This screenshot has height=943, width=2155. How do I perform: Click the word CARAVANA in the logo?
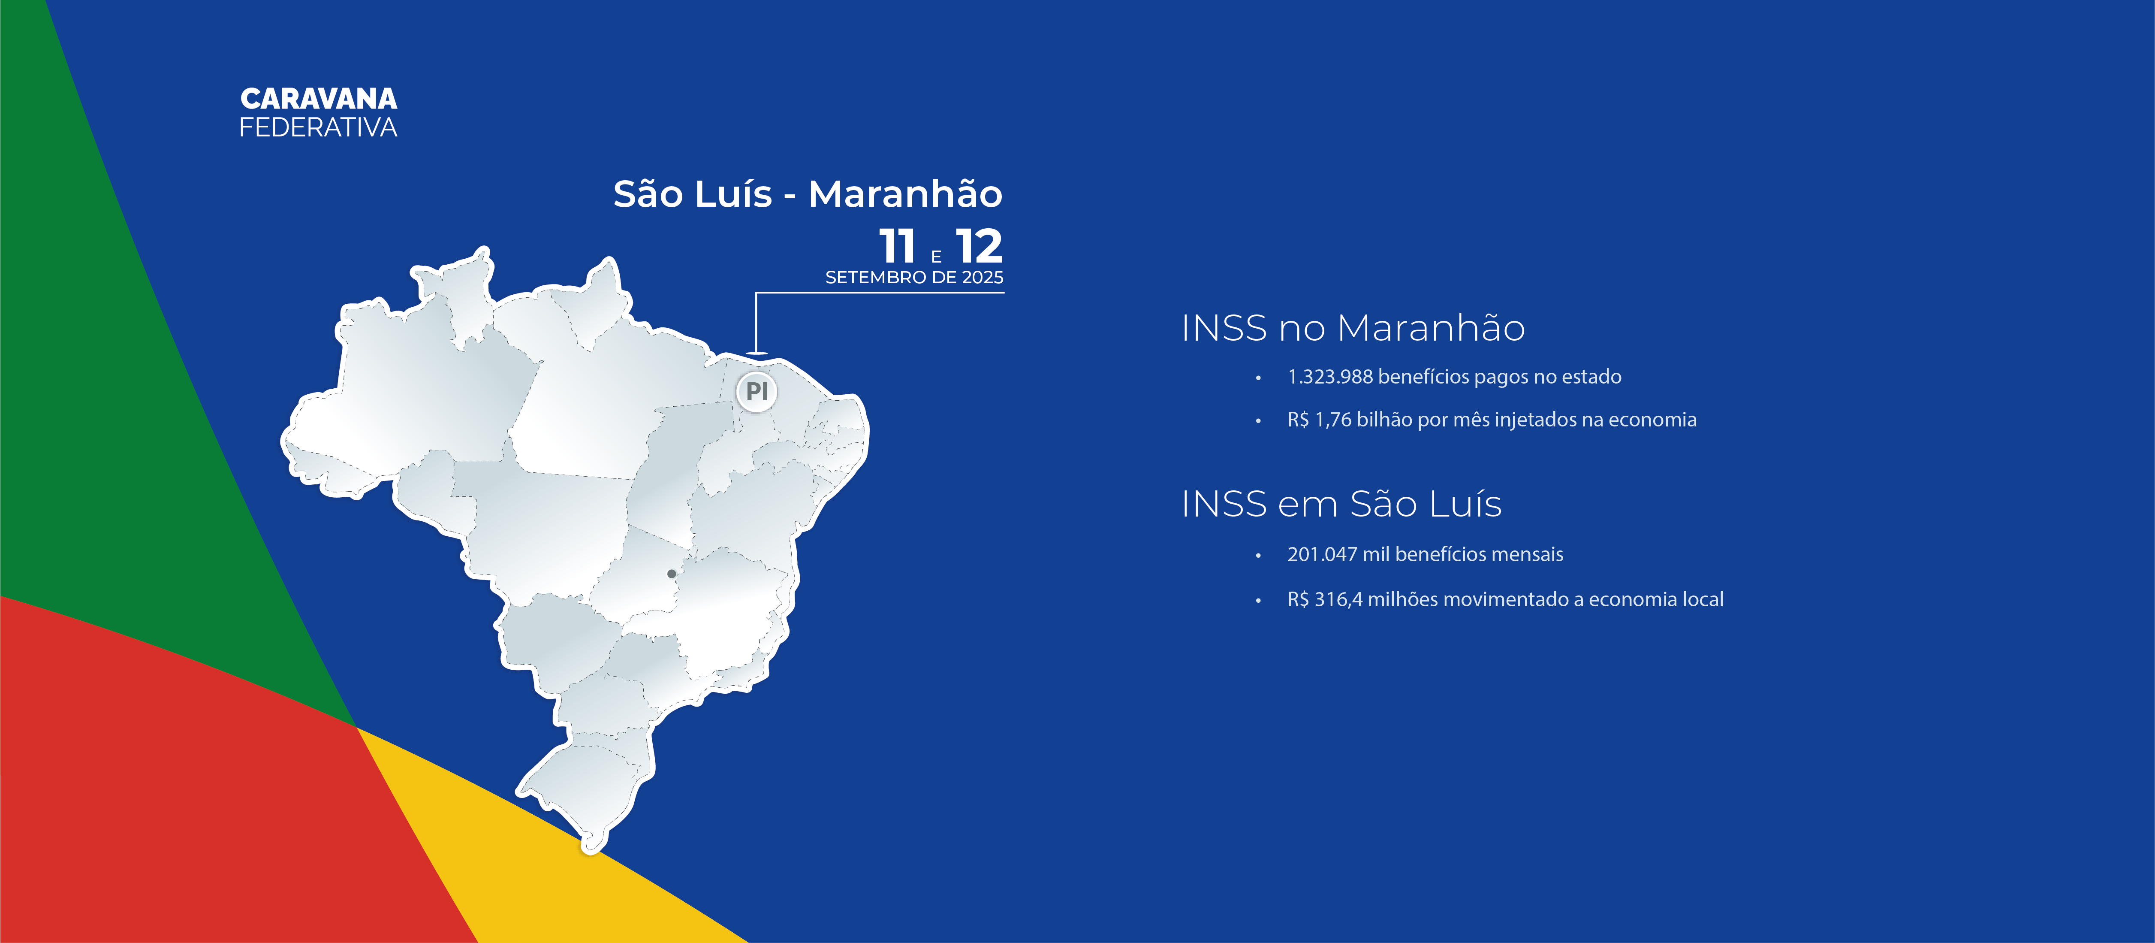[319, 99]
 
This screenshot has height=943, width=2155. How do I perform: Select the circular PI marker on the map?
[756, 391]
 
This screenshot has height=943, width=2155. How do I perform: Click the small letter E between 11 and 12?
[936, 257]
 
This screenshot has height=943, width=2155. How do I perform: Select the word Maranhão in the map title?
[905, 194]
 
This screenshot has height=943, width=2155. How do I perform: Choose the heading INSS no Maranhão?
[1353, 328]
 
